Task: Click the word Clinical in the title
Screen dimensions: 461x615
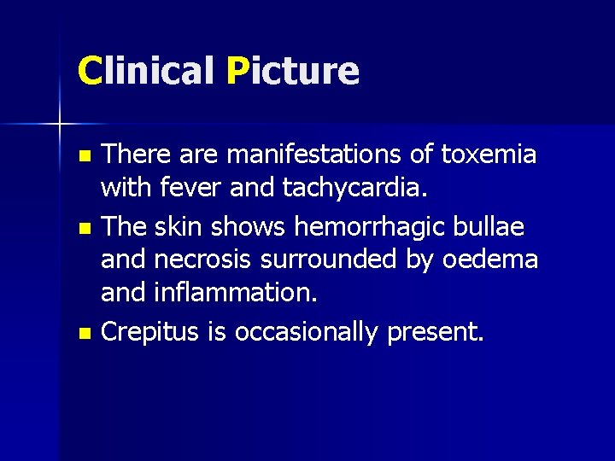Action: coord(145,71)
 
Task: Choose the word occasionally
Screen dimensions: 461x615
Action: coord(306,332)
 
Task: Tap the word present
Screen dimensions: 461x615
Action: coord(435,332)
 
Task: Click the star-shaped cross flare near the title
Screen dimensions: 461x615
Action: coord(60,125)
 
